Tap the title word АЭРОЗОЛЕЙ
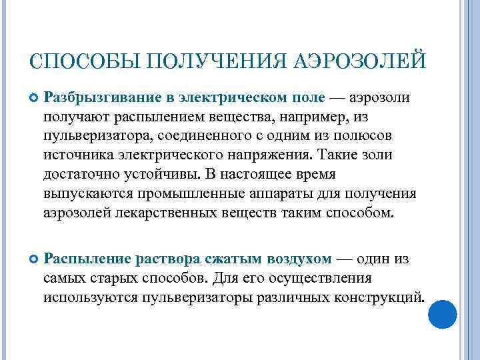[359, 64]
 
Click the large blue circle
[441, 313]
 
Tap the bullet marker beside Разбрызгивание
[35, 99]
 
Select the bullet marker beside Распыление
[35, 259]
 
